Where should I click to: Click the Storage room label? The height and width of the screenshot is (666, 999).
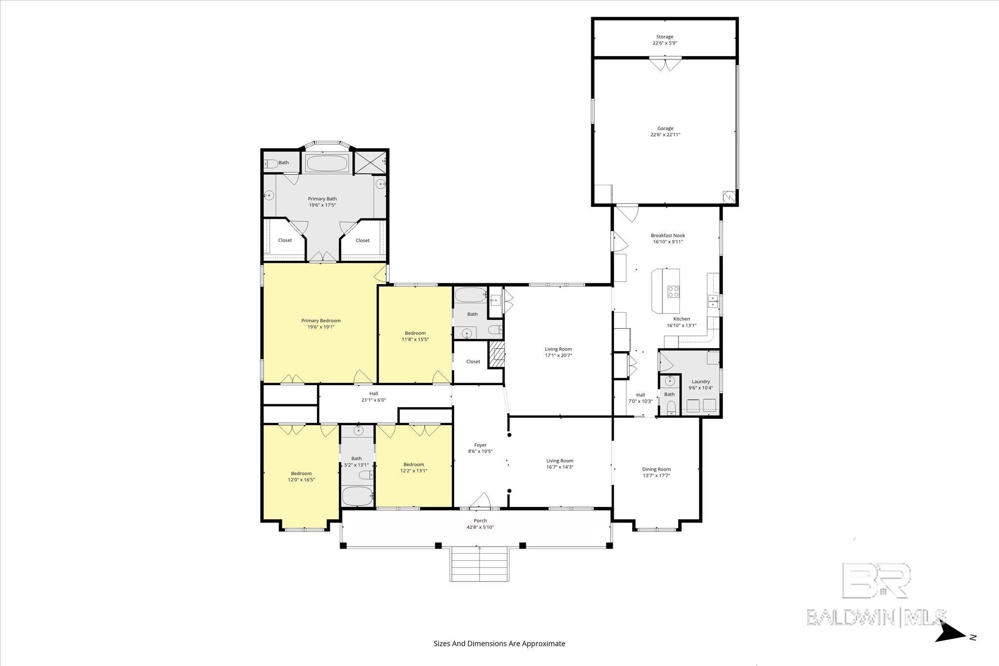(664, 37)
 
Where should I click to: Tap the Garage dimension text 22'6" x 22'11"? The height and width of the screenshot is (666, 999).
(665, 135)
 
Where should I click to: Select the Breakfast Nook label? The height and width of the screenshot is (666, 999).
(668, 235)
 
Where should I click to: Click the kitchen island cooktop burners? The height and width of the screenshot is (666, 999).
(674, 292)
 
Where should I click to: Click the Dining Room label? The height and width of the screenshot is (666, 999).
(656, 469)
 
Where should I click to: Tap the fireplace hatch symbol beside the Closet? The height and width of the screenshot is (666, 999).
(497, 353)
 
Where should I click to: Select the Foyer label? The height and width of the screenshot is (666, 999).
(480, 445)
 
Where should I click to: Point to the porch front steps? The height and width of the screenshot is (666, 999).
(480, 564)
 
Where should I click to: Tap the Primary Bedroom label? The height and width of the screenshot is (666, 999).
(320, 320)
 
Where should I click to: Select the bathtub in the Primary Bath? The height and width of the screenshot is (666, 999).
(327, 163)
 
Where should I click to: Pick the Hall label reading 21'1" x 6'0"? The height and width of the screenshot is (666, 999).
(373, 400)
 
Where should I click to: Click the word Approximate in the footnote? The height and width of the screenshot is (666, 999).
(543, 644)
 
